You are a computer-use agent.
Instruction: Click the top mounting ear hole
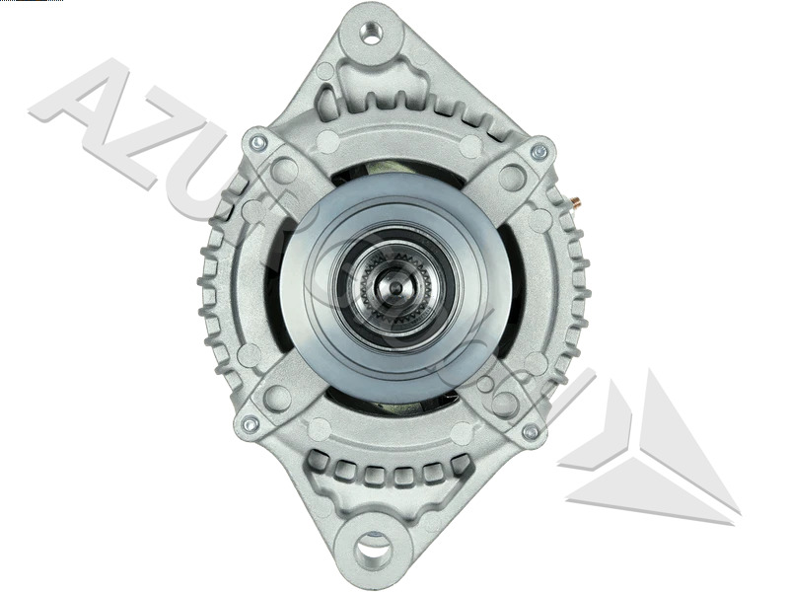[x=372, y=34]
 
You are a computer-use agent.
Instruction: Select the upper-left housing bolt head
[x=258, y=144]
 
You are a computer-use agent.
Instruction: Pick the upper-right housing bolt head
[x=538, y=152]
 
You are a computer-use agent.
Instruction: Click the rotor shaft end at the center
[x=395, y=288]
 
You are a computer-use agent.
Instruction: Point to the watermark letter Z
[x=148, y=148]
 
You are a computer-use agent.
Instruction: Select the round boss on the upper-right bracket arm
[x=511, y=178]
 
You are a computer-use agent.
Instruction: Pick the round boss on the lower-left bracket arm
[x=277, y=398]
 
